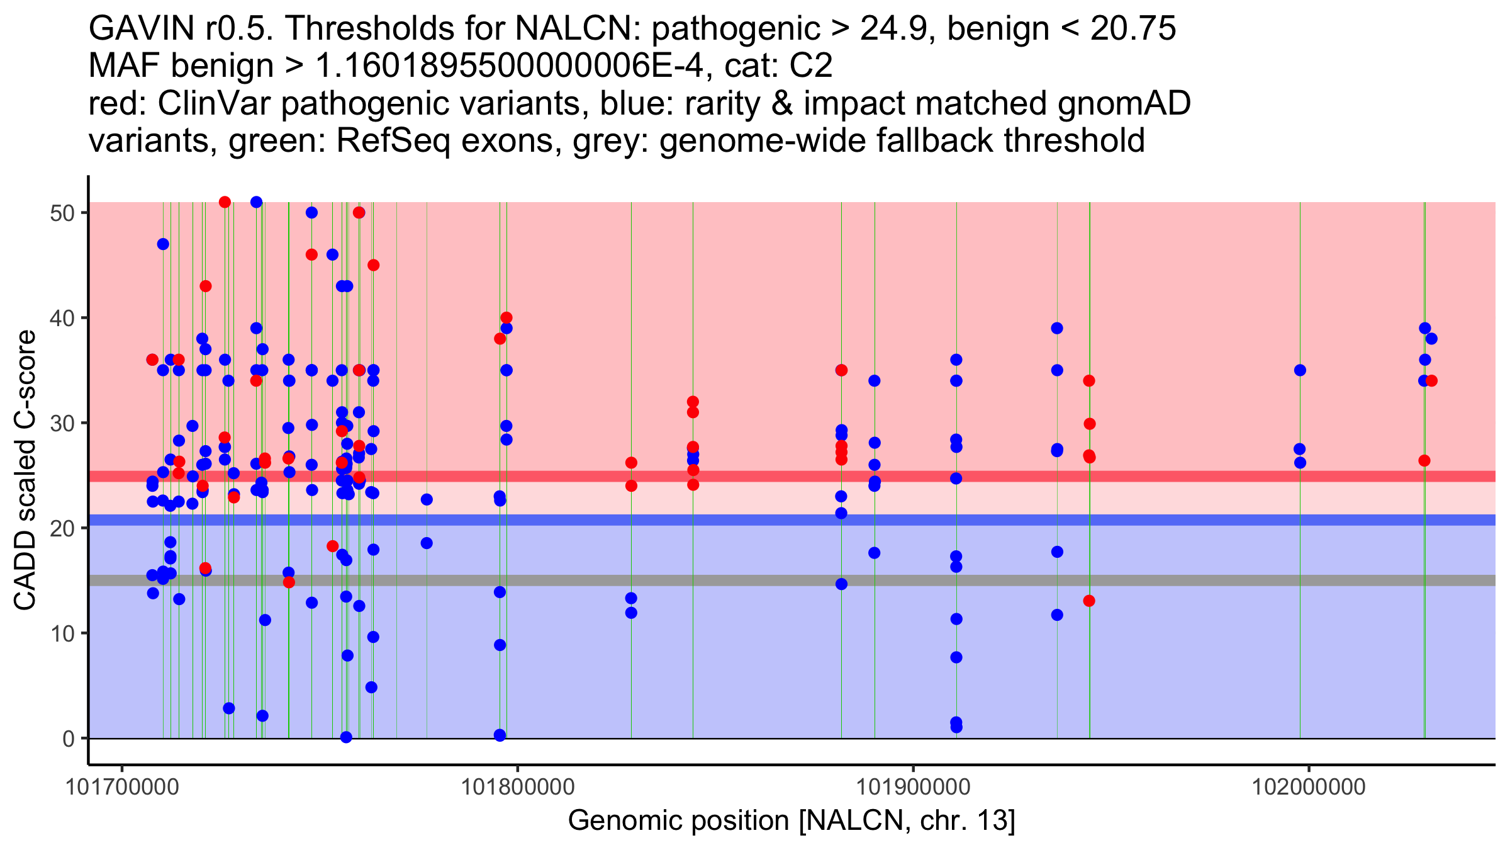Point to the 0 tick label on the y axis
[x=68, y=739]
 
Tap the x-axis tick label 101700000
[x=122, y=787]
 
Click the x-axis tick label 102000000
[x=1309, y=787]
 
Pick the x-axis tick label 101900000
[x=913, y=787]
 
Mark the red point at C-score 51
[x=225, y=202]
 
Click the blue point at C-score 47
[x=163, y=244]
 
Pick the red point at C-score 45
[x=373, y=265]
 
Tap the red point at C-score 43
[x=206, y=286]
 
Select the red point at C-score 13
[x=1089, y=601]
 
